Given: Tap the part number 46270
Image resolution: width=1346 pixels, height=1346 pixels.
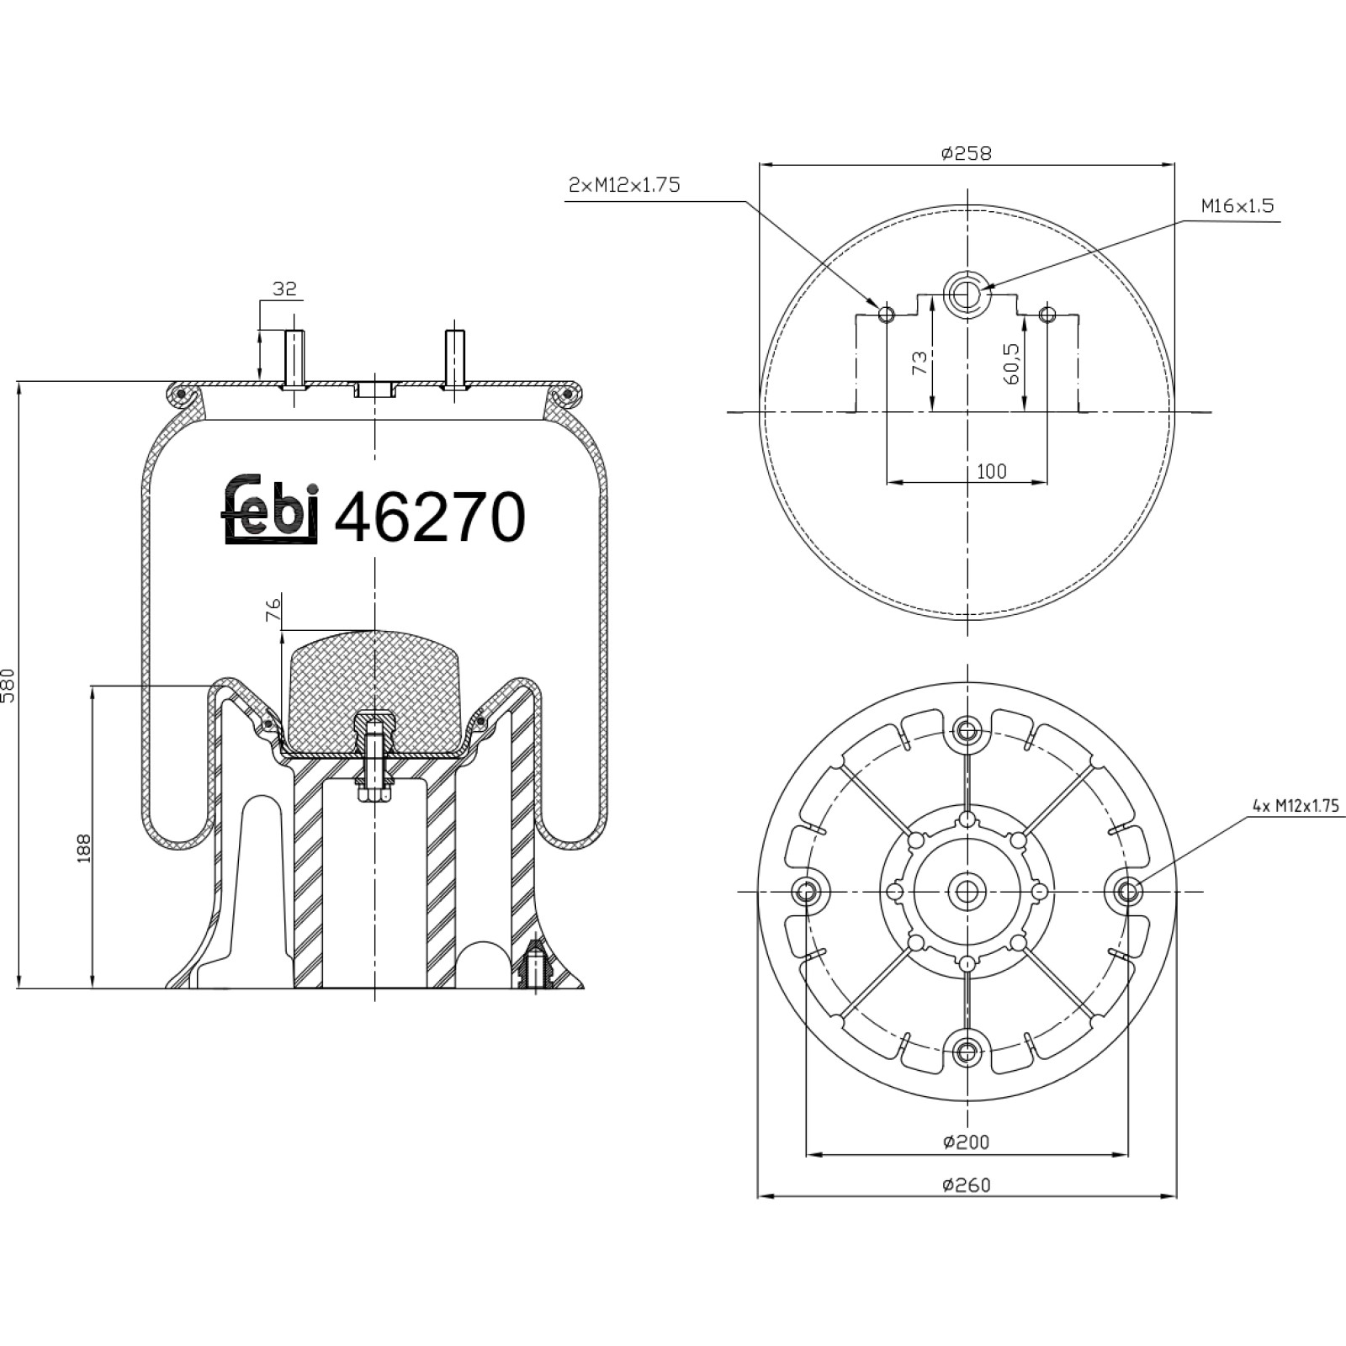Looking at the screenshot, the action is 430,516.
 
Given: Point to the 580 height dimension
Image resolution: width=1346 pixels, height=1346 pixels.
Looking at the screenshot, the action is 8,686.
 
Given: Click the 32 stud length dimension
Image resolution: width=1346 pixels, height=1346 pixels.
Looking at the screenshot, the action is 284,289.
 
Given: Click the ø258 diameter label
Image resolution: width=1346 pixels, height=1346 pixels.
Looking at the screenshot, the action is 967,153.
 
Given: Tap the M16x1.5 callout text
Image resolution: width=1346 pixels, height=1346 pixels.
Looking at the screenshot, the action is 1237,205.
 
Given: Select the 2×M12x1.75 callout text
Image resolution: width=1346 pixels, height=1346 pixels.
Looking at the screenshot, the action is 624,185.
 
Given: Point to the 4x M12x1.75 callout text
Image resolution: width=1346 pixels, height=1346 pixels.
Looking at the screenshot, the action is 1296,805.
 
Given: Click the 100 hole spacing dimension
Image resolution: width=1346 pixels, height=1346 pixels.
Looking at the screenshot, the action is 992,471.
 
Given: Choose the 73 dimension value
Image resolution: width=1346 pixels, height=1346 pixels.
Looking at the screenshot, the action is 919,363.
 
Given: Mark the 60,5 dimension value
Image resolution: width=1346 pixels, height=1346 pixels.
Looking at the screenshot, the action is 1011,364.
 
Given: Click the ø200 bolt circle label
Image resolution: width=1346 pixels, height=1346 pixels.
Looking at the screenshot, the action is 967,1142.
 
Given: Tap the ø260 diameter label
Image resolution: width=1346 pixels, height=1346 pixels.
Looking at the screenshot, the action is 967,1184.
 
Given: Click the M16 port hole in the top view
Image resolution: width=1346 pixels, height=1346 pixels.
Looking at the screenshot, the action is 967,294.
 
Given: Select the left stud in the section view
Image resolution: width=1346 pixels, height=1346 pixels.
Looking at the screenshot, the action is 294,359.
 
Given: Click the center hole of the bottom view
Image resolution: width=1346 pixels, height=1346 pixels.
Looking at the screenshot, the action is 967,891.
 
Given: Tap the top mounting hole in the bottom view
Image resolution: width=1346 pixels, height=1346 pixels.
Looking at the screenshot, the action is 967,729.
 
